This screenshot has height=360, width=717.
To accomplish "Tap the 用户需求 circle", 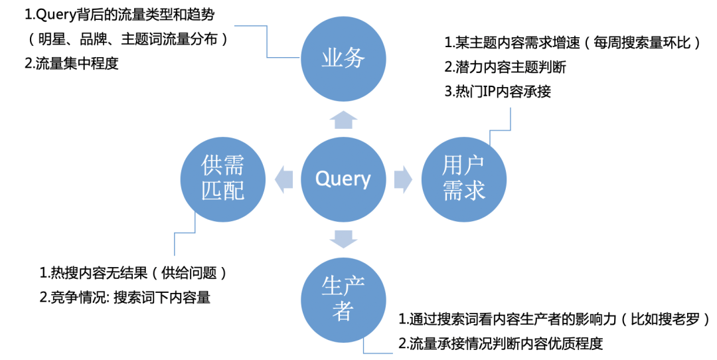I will pyautogui.click(x=463, y=179).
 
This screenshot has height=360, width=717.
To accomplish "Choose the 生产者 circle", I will pyautogui.click(x=343, y=300).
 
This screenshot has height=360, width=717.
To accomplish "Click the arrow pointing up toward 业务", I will pyautogui.click(x=343, y=120).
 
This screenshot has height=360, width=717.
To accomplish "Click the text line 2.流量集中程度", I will pyautogui.click(x=72, y=64).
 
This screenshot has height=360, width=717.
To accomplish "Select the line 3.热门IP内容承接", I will pyautogui.click(x=498, y=92).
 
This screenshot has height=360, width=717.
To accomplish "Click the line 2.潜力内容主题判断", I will pyautogui.click(x=505, y=67).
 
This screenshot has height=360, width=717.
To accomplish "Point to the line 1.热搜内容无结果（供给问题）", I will pyautogui.click(x=133, y=273).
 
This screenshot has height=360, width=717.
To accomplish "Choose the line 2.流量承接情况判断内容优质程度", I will pyautogui.click(x=501, y=343).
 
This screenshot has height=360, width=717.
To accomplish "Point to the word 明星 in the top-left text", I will pyautogui.click(x=52, y=39).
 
